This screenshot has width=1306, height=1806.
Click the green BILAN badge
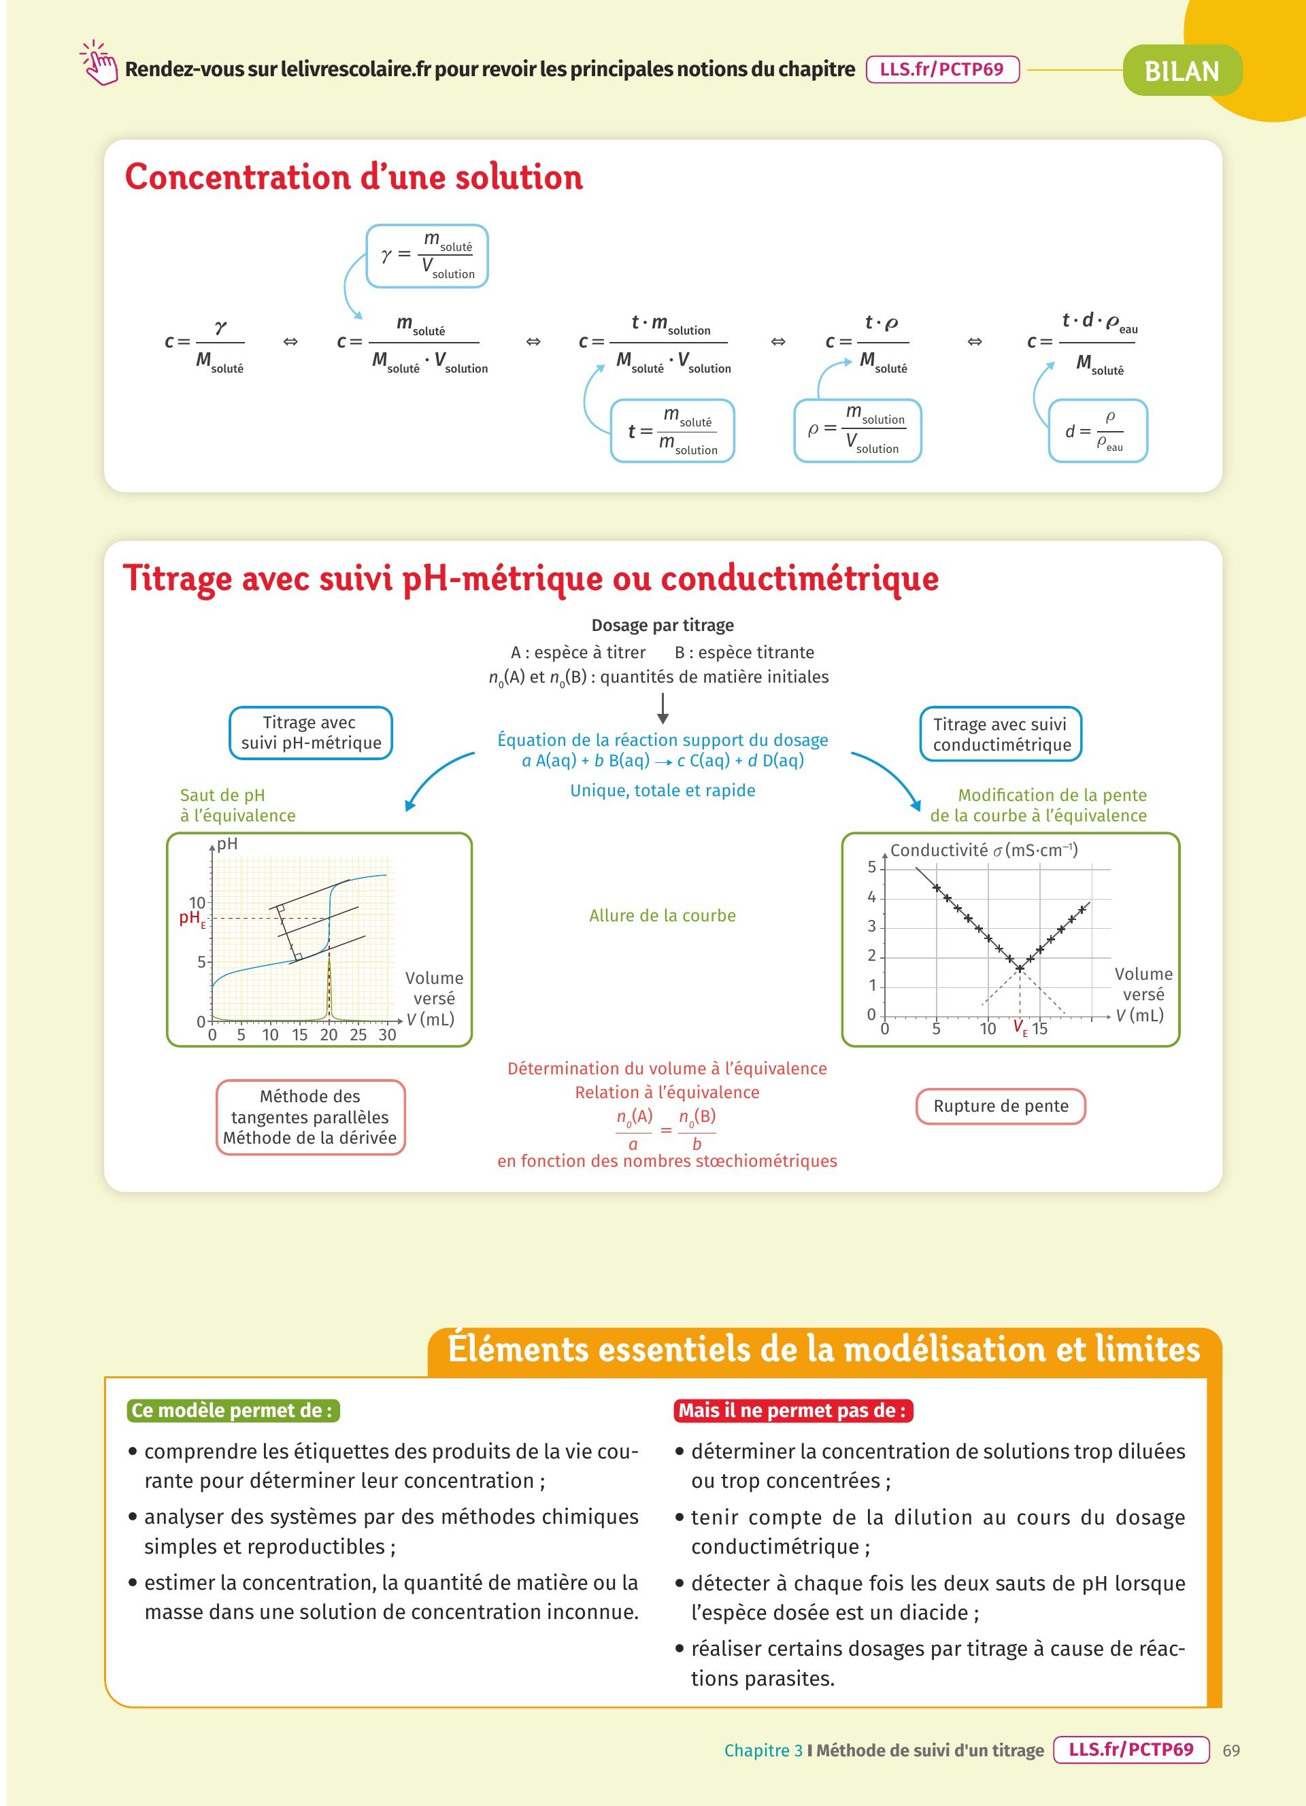click(x=1182, y=71)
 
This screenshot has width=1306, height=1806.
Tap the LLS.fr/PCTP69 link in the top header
click(x=941, y=69)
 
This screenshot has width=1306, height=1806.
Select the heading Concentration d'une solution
click(x=354, y=177)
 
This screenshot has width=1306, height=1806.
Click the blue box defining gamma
click(x=427, y=256)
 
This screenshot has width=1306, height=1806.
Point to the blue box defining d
click(x=1097, y=431)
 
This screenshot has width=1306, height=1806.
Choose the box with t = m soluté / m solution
click(x=672, y=431)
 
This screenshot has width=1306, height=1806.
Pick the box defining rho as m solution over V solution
click(x=857, y=431)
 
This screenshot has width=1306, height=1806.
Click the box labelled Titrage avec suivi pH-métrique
click(x=311, y=732)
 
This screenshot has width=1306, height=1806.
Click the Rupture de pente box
click(x=1000, y=1106)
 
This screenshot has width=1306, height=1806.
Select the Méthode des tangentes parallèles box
click(x=311, y=1117)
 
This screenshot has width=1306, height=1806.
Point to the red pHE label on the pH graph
click(x=192, y=918)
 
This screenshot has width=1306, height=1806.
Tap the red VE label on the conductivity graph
click(x=1020, y=1028)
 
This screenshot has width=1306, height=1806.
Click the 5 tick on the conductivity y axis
click(x=872, y=867)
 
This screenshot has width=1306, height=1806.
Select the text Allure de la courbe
click(x=662, y=916)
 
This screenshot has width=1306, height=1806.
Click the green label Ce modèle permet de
click(x=233, y=1410)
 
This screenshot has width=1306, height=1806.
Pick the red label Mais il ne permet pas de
click(x=792, y=1410)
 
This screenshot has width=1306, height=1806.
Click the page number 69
click(x=1231, y=1750)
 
